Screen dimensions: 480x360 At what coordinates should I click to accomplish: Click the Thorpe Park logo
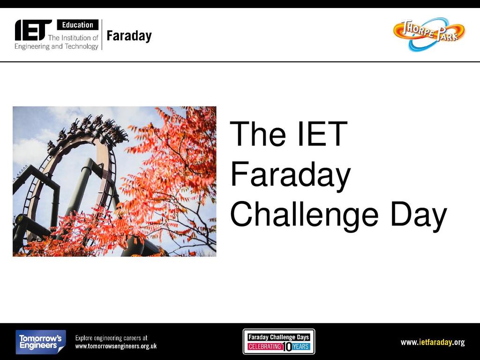click(429, 34)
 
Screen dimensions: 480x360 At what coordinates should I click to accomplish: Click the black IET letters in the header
click(33, 30)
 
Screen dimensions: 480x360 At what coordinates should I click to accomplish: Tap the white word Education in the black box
click(78, 25)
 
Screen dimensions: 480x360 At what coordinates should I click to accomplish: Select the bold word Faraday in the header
click(129, 36)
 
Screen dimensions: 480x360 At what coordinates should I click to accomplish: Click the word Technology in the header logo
click(82, 46)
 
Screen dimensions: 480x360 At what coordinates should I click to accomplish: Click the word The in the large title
click(258, 134)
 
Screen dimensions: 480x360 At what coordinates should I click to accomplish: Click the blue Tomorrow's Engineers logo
click(41, 342)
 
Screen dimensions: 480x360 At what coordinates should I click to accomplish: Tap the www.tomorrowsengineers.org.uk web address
click(116, 346)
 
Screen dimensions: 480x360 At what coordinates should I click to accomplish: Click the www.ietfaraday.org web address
click(433, 342)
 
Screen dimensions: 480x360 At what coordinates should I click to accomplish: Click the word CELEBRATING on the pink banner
click(264, 346)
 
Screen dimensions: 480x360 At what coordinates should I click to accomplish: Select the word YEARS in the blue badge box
click(300, 346)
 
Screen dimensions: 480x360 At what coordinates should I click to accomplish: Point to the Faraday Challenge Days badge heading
click(278, 337)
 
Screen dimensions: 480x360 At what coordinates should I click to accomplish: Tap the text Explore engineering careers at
click(112, 338)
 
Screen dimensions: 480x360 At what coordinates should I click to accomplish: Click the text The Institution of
click(73, 37)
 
